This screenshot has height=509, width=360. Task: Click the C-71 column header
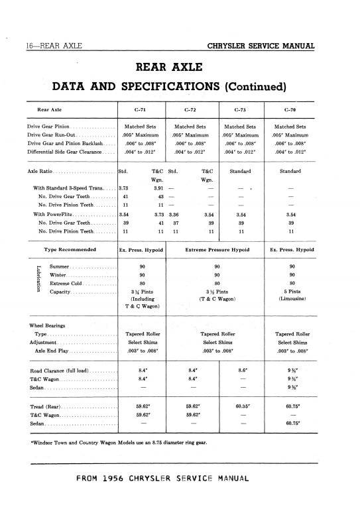click(143, 109)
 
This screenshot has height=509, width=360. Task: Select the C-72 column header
click(192, 109)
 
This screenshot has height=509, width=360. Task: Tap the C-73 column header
click(241, 109)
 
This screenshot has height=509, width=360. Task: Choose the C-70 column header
click(290, 109)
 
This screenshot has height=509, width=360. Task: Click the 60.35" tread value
click(241, 406)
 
